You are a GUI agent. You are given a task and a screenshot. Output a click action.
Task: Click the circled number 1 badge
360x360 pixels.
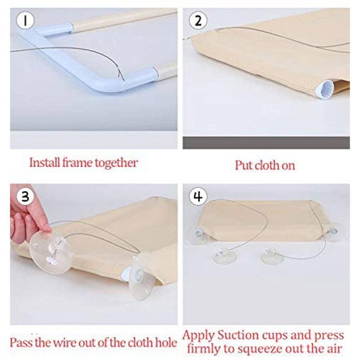(x=25, y=20)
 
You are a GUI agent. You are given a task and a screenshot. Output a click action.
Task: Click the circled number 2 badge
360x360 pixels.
(x=198, y=20)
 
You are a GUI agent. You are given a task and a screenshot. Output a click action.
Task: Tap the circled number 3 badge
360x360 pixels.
(x=25, y=196)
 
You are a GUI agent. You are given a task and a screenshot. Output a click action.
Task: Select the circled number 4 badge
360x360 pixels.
(x=198, y=196)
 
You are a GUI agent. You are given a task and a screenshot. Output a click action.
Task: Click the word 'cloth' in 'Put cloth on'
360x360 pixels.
(x=267, y=165)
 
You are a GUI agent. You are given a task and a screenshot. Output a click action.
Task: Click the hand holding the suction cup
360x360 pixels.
(x=27, y=217)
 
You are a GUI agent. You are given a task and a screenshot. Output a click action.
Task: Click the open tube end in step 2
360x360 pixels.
(x=324, y=89)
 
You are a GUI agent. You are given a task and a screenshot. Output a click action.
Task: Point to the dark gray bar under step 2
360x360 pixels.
(x=266, y=143)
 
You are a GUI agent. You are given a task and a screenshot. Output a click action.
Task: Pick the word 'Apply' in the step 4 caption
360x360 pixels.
(x=199, y=336)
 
